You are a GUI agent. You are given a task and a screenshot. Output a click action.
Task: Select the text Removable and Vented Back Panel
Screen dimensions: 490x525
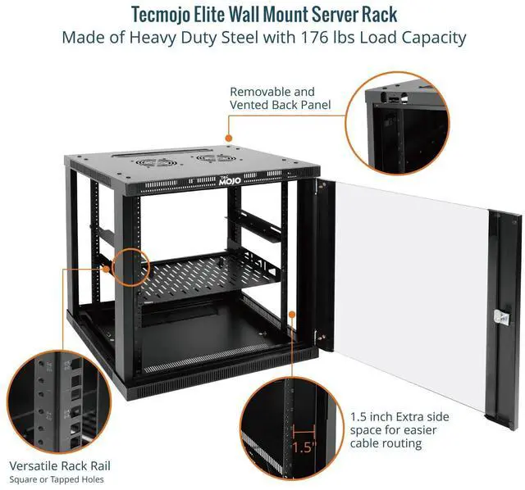[x=272, y=98]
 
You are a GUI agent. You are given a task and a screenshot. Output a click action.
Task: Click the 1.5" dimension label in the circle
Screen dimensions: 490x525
[x=304, y=447]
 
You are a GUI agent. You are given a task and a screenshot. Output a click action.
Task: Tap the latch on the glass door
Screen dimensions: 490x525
[x=497, y=316]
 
